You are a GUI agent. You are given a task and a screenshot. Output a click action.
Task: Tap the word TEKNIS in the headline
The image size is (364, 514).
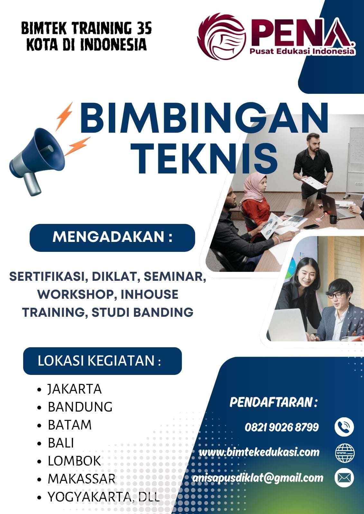[x=205, y=159]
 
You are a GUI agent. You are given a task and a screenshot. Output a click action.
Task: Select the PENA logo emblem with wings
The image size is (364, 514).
[x=221, y=36]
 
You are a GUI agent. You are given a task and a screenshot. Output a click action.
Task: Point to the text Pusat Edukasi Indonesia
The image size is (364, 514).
[x=302, y=51]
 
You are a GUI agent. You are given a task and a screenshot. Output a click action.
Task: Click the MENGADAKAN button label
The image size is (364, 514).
[x=112, y=237]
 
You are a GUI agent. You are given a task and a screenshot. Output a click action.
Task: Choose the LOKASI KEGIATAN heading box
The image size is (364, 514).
[x=102, y=361]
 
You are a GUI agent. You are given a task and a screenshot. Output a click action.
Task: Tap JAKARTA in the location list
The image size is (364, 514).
[x=75, y=389]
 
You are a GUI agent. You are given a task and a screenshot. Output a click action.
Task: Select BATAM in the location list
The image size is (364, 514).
[x=70, y=425]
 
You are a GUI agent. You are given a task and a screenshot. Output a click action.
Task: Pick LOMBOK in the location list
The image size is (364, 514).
[x=74, y=461]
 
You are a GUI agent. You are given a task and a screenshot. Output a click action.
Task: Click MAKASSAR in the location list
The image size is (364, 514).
[x=81, y=479]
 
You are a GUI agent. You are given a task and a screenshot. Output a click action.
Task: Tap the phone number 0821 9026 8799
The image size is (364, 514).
[x=282, y=427]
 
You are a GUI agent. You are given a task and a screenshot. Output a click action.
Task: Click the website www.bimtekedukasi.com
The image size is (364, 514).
[x=259, y=452]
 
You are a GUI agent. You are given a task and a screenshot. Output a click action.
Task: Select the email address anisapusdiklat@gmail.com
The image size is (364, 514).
[x=257, y=478]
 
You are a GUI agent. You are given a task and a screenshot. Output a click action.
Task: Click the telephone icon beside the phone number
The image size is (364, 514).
[x=344, y=427]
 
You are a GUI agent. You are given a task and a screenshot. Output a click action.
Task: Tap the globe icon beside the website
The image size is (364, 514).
[x=344, y=453]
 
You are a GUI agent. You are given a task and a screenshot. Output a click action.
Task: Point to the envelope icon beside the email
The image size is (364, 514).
[x=344, y=478]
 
